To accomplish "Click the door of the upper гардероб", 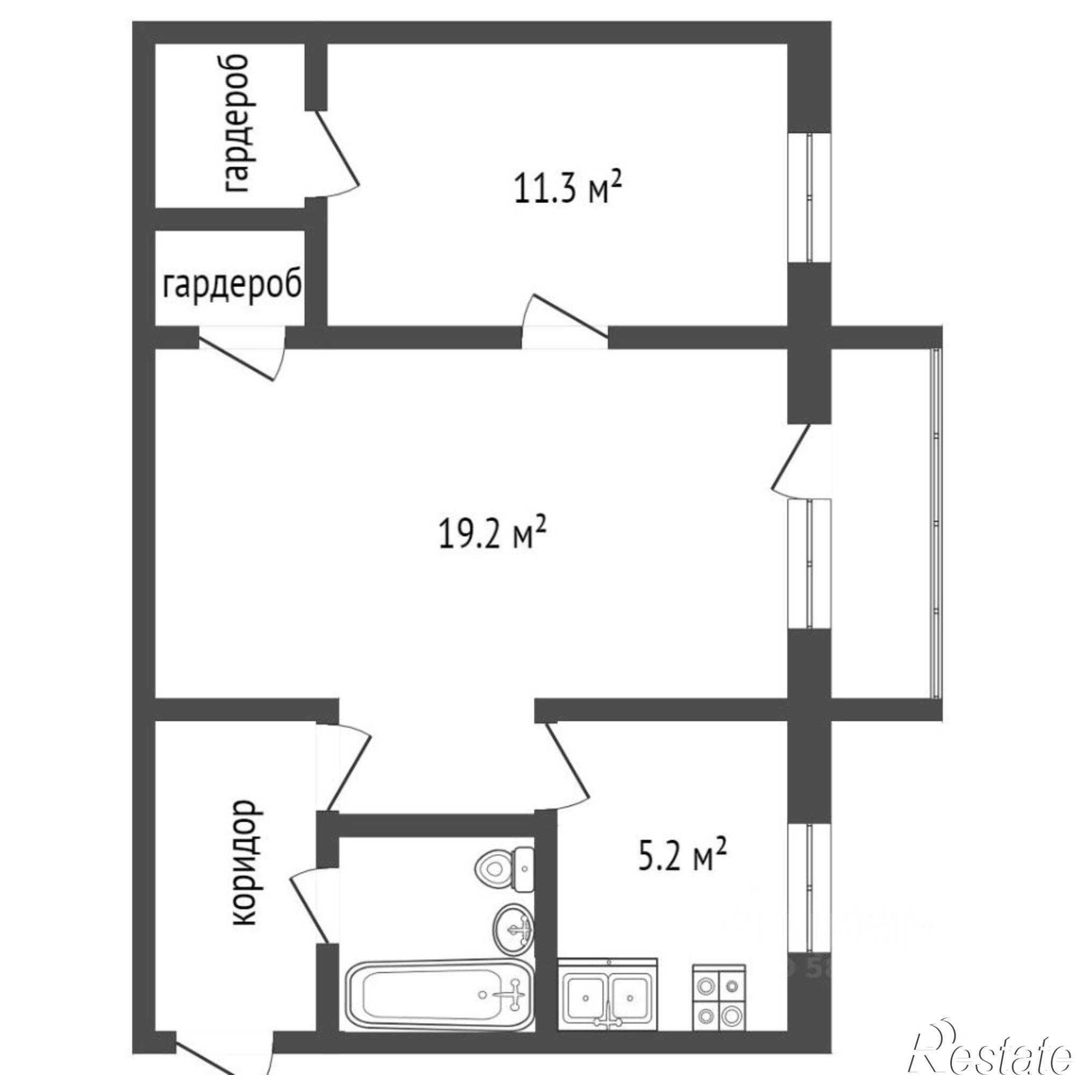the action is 332,154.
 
